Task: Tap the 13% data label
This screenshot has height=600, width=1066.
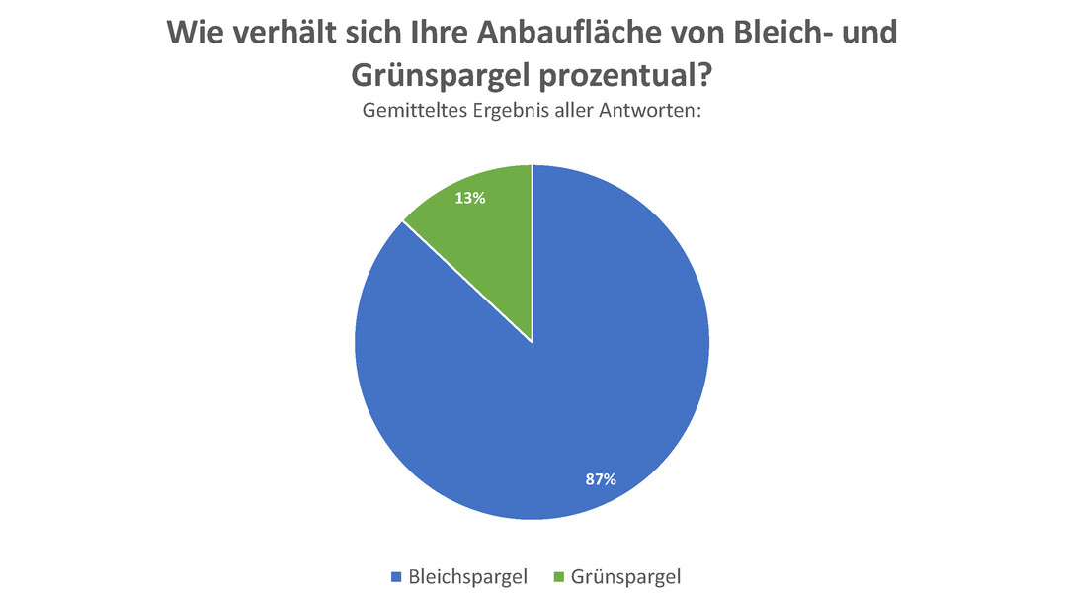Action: [x=469, y=198]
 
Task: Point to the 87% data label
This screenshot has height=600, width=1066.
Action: [x=600, y=479]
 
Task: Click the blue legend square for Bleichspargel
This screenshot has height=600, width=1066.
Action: [x=397, y=576]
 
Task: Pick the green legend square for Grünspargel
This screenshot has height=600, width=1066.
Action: [x=560, y=576]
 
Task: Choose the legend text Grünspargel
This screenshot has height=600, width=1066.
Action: [x=626, y=576]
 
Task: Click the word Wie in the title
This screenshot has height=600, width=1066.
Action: [x=197, y=32]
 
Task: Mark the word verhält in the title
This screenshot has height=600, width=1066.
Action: [x=287, y=32]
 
